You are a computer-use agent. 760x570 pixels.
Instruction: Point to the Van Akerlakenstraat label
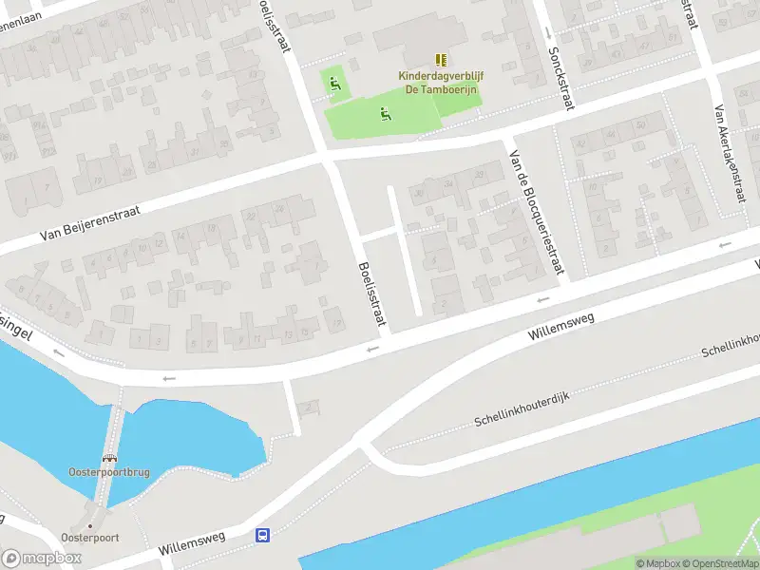click(731, 152)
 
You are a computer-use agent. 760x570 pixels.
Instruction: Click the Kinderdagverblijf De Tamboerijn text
click(438, 83)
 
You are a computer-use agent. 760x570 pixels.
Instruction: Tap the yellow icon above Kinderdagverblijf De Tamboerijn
click(440, 59)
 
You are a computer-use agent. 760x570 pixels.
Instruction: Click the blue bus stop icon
click(262, 536)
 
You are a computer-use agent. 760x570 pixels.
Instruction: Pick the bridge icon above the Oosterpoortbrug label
click(108, 459)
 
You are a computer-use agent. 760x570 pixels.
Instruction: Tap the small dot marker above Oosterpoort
click(90, 525)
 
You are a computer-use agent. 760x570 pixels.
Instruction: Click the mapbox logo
click(42, 558)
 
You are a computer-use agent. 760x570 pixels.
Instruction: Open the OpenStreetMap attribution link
click(714, 563)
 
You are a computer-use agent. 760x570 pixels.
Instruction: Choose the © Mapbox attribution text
click(656, 563)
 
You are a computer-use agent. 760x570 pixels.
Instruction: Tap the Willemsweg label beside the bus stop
click(192, 543)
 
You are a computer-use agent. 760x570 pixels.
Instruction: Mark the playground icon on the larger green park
click(385, 115)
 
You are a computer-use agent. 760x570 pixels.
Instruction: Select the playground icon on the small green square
click(333, 85)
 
